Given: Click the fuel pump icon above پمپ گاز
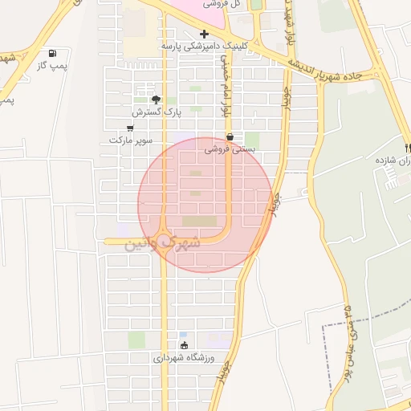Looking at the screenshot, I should (x=53, y=54).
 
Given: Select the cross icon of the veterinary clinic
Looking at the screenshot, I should (x=205, y=35).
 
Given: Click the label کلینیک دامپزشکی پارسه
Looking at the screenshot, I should (x=191, y=47).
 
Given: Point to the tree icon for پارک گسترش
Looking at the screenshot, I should (x=156, y=99).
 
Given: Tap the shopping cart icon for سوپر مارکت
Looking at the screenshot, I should (x=131, y=128).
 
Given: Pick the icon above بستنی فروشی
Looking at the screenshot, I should (x=230, y=136).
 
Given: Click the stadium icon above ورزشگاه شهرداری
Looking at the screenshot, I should (x=185, y=345).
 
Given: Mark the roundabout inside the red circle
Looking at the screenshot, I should (x=164, y=239).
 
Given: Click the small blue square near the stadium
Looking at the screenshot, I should (x=183, y=335).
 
